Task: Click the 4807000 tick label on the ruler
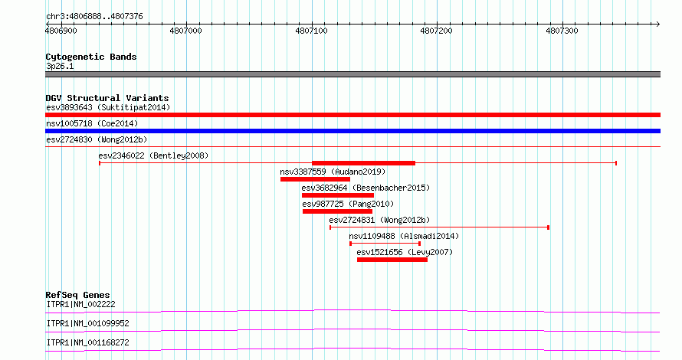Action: pos(185,31)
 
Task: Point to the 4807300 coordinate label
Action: pos(562,31)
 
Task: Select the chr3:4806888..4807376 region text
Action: pos(94,17)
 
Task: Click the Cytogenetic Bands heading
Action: pos(91,57)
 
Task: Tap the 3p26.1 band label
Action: pos(60,66)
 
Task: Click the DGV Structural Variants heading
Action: pos(107,98)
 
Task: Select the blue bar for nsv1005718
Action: pos(352,131)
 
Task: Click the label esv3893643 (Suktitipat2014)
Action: pos(108,107)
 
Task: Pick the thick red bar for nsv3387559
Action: pos(316,179)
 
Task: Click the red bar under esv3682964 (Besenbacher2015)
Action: pos(337,195)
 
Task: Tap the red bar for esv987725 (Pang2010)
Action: pos(337,211)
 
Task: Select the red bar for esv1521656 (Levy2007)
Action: pos(392,260)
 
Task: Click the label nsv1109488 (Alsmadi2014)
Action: pos(404,236)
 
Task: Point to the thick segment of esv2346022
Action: pos(364,163)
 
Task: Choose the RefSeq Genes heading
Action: pos(77,295)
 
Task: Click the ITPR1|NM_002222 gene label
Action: pos(81,304)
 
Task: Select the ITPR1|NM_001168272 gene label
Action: pos(88,342)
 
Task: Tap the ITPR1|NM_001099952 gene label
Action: pos(88,323)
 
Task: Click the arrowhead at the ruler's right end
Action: pos(658,25)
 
